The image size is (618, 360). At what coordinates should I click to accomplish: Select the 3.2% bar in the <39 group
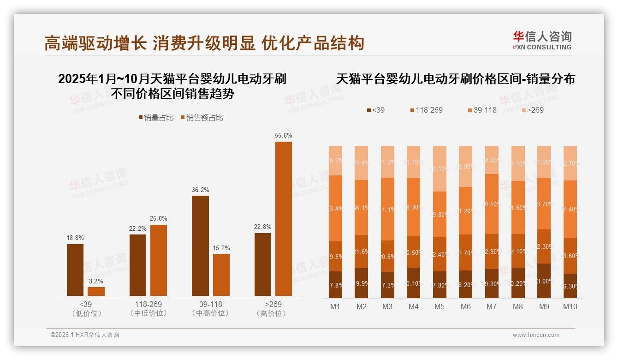(96, 291)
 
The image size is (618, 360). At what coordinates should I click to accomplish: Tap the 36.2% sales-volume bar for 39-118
(200, 246)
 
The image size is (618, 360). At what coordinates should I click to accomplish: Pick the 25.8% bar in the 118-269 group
(159, 260)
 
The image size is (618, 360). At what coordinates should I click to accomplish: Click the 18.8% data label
(75, 238)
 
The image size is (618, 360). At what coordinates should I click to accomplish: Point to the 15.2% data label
(221, 248)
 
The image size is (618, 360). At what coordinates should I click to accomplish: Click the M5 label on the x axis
(440, 306)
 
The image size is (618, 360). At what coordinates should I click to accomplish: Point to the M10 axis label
(570, 306)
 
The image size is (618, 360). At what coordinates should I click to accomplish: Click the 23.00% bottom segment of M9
(544, 281)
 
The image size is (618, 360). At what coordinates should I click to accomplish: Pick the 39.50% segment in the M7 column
(492, 204)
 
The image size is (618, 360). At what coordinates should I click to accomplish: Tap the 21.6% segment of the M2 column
(361, 252)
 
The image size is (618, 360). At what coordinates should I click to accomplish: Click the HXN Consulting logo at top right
(542, 40)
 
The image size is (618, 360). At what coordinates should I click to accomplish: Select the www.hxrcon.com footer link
(535, 335)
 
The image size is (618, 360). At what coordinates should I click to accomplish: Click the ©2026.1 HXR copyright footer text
(85, 335)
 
